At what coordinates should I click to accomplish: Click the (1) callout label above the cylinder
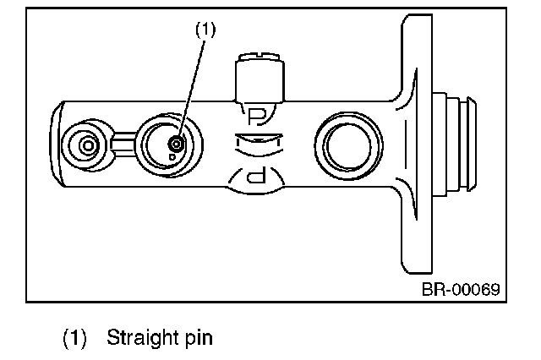(206, 28)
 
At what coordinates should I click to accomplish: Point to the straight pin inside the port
(175, 143)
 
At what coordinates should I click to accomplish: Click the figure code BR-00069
(462, 289)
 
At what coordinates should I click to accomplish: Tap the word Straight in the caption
(136, 339)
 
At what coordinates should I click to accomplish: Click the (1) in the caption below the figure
(76, 339)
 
